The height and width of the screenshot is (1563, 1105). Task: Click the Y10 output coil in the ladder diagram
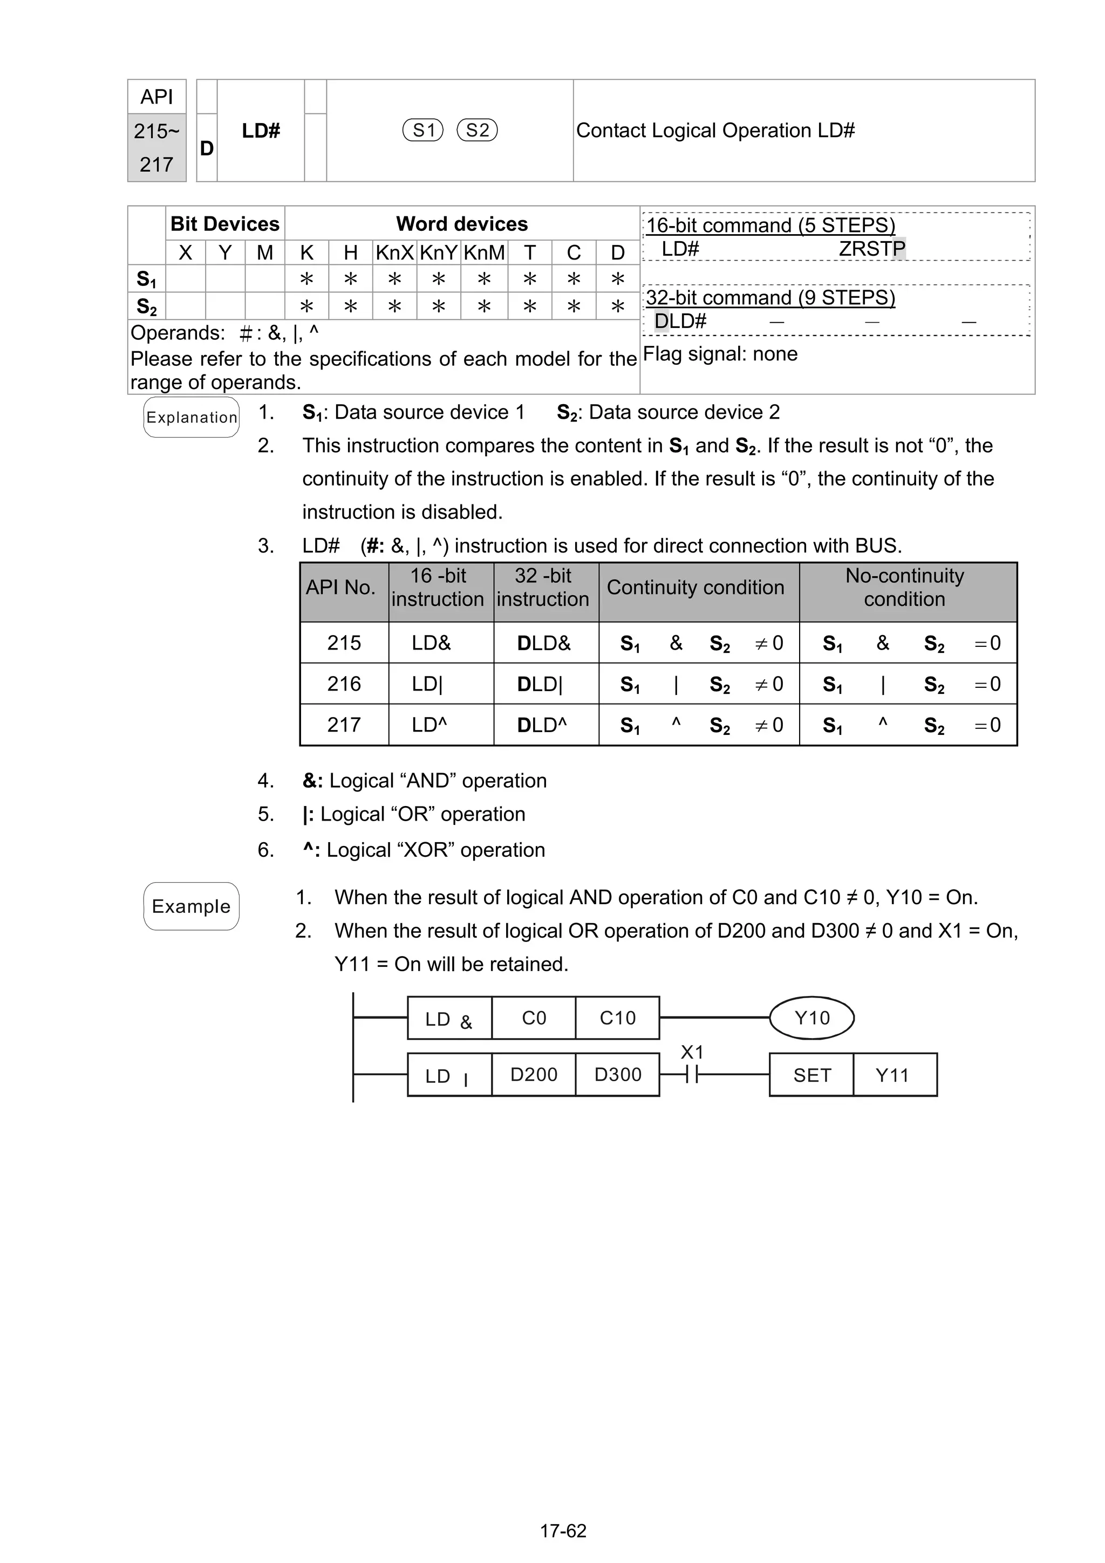tap(811, 1018)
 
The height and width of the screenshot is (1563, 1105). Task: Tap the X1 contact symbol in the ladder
tap(692, 1075)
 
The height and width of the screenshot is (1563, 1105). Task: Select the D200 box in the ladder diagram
tap(533, 1075)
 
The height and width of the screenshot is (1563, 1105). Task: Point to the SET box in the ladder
tap(811, 1075)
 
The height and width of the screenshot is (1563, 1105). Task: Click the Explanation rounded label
tap(192, 417)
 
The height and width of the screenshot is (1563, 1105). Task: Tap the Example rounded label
tap(192, 906)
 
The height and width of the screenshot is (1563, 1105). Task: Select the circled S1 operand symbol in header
tap(423, 130)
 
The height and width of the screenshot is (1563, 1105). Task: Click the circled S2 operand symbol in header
tap(478, 130)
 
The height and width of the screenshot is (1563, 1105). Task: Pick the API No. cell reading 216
tap(344, 684)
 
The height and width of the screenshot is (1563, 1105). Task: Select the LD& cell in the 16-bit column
tap(431, 643)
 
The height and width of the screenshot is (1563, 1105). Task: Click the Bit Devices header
tap(224, 224)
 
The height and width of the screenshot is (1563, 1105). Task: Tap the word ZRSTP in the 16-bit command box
tap(871, 249)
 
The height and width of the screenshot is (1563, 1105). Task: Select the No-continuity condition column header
tap(904, 588)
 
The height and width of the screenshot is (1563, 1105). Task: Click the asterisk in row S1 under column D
tap(618, 279)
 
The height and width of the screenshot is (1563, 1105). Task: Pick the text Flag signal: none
tap(720, 354)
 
